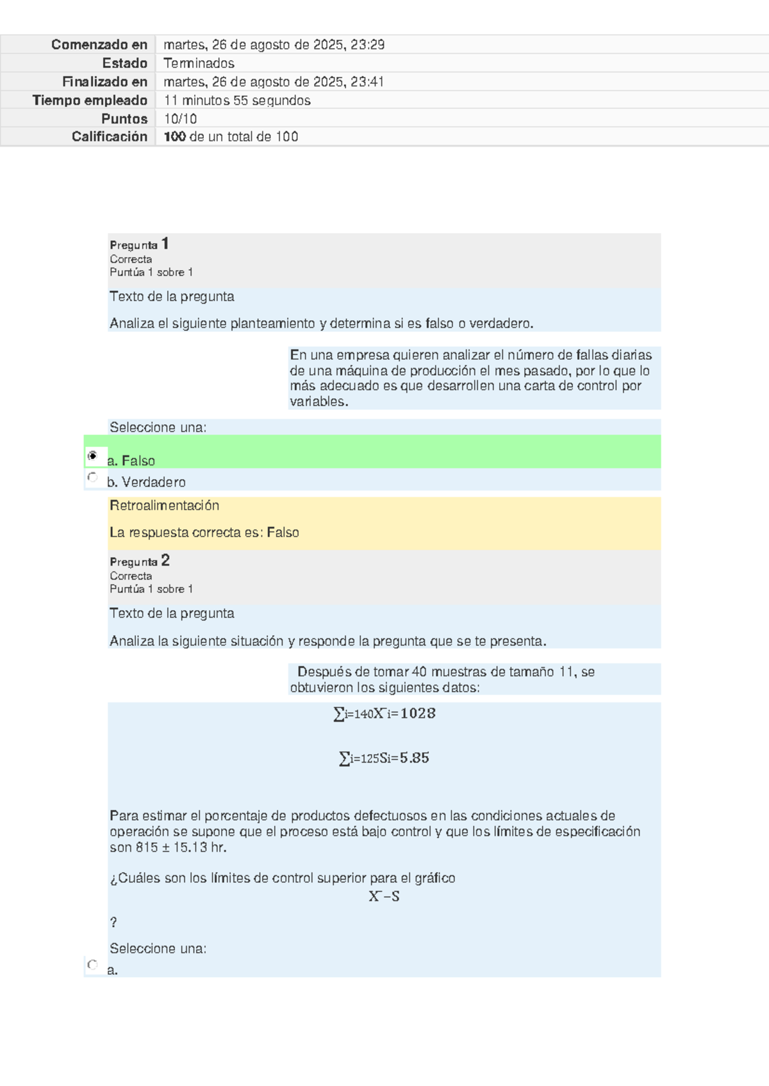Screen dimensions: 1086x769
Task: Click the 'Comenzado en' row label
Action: pos(99,44)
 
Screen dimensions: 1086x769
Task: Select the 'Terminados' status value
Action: pos(199,63)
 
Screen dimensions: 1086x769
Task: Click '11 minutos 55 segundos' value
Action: pos(237,100)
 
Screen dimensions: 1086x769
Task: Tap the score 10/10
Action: pos(180,118)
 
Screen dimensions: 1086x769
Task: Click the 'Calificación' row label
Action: pos(109,136)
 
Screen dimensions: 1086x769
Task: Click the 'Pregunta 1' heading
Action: pos(139,244)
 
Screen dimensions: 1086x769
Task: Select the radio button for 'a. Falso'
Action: pos(92,456)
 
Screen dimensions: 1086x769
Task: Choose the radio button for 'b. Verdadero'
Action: pos(92,477)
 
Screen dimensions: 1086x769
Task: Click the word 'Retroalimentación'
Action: pos(164,505)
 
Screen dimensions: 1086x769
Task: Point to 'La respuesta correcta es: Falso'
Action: pos(204,532)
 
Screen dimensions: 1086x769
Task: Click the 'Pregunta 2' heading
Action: pos(139,561)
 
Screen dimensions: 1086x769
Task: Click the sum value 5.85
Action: pos(414,758)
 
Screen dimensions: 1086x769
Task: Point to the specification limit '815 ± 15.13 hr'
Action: pos(181,847)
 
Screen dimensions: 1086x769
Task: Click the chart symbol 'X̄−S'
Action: pos(384,896)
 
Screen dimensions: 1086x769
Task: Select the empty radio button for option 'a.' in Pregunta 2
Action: pos(92,964)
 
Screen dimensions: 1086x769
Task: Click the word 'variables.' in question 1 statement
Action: pos(318,401)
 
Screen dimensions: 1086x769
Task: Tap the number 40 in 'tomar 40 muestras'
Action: pos(419,672)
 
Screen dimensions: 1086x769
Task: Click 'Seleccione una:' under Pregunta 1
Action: pos(158,427)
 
